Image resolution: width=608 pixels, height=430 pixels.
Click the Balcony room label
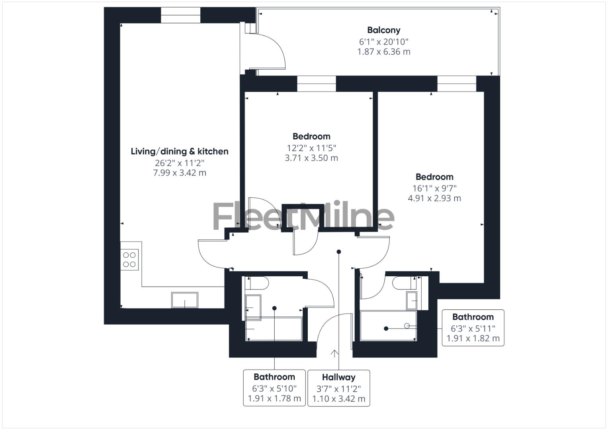coord(383,30)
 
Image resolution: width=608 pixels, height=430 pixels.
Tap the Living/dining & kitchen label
coord(180,151)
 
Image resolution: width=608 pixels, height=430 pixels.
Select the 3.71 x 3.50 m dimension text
coord(311,158)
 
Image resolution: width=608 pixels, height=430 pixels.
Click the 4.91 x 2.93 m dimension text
coord(434,198)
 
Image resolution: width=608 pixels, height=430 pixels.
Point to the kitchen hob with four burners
coord(129,260)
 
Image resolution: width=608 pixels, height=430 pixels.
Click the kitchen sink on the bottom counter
coord(184,300)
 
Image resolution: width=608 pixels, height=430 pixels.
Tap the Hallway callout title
coord(338,377)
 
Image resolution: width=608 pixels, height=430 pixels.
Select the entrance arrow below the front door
coord(334,353)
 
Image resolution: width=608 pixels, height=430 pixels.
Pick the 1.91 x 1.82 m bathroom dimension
coord(473,338)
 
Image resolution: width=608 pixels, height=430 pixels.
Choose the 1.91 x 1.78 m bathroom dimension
coord(274,399)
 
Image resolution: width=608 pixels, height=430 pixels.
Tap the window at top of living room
coord(180,15)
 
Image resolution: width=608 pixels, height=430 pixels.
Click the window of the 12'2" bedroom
coord(317,84)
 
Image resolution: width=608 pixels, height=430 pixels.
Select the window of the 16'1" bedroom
coord(456,84)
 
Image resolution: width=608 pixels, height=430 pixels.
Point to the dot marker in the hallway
coord(339,252)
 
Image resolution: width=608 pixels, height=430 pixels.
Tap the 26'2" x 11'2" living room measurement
coord(180,163)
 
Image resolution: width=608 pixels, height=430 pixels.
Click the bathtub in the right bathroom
coord(388,326)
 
